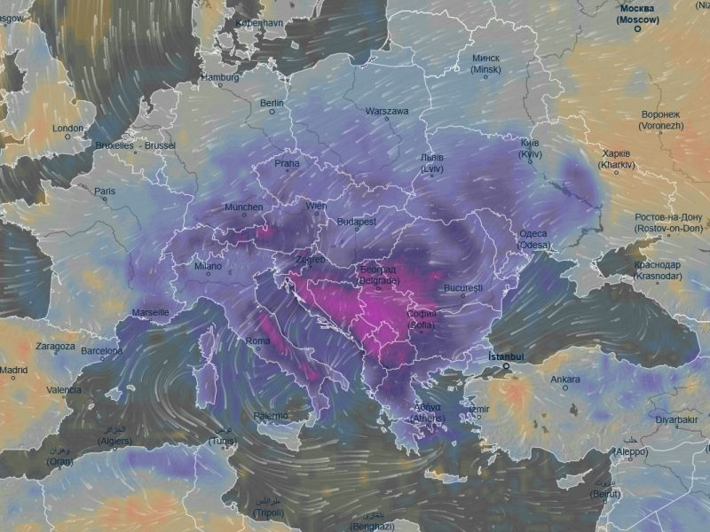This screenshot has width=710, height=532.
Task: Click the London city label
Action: [x=67, y=129]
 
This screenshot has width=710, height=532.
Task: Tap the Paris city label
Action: [x=105, y=190]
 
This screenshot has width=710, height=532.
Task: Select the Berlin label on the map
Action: [x=271, y=103]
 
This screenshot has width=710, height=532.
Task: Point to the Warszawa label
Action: [x=386, y=112]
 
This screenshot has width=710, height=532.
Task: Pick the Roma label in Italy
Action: [x=257, y=341]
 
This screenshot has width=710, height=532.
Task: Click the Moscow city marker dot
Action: [x=637, y=28]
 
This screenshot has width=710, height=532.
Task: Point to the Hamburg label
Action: [x=220, y=77]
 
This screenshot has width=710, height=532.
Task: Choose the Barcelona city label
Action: [x=101, y=351]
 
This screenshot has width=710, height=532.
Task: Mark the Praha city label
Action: [x=287, y=163]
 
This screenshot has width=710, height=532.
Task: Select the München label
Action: [x=243, y=207]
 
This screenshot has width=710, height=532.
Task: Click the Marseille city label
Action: [x=150, y=313]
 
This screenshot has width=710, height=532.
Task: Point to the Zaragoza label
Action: [x=55, y=346]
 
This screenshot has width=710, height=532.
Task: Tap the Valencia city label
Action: [x=63, y=389]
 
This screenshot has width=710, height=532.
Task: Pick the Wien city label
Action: [x=316, y=206]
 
